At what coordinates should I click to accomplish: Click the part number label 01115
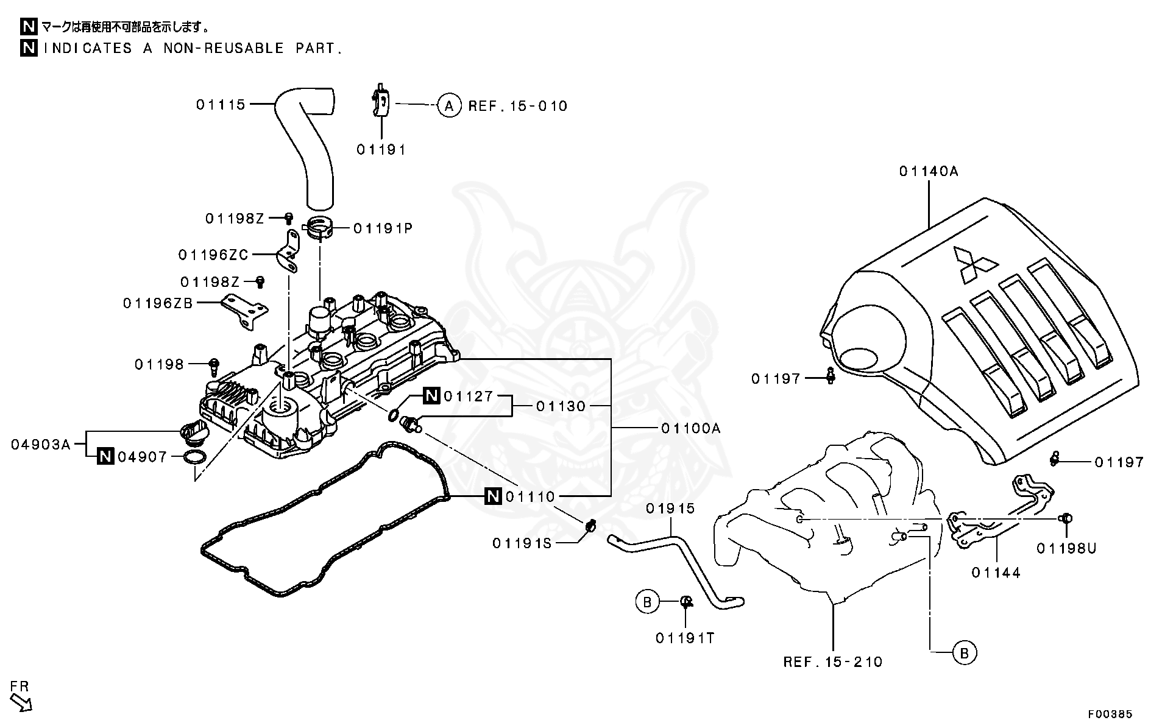(221, 105)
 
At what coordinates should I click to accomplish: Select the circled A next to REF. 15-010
(449, 106)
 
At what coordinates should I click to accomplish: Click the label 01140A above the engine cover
(929, 172)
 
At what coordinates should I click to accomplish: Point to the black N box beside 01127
(432, 397)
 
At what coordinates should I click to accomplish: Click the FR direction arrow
(21, 703)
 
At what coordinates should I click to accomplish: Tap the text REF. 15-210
(832, 662)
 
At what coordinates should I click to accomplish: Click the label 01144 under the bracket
(996, 573)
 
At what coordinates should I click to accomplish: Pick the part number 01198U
(1066, 549)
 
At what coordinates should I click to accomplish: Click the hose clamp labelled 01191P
(320, 228)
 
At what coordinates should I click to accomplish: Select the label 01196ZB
(158, 303)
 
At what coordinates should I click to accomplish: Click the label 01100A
(690, 429)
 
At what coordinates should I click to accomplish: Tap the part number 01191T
(685, 638)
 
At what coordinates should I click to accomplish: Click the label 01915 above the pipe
(670, 509)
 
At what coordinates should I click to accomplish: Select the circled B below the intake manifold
(964, 652)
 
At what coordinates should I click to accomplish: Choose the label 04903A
(41, 445)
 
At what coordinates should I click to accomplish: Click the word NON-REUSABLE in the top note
(223, 48)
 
